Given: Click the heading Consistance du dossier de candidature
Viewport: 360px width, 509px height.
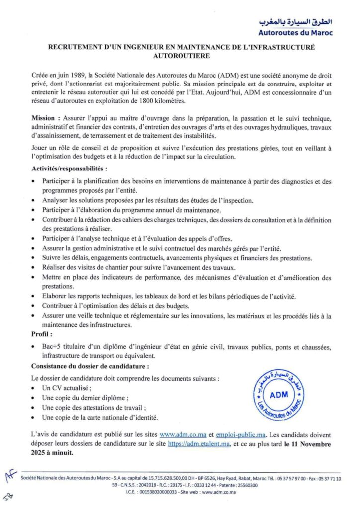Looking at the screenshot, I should (x=90, y=366).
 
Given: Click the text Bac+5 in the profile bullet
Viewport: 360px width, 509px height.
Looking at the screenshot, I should (x=52, y=346).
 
